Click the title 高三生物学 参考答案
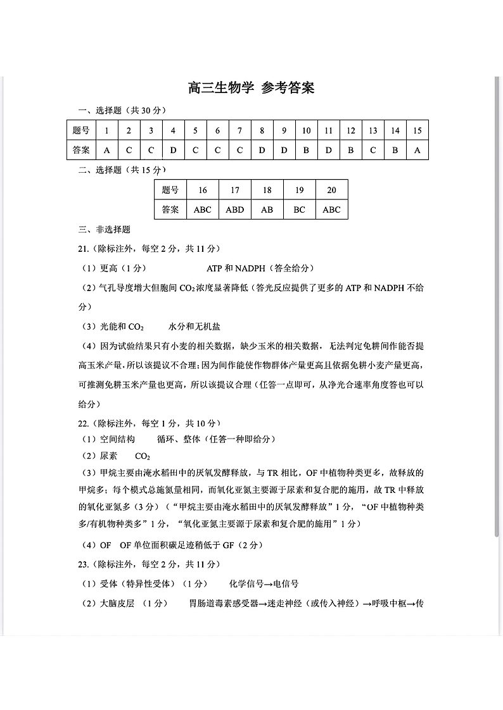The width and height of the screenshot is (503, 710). tap(251, 88)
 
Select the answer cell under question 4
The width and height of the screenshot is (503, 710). tap(173, 150)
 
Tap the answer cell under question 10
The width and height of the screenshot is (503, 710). tap(306, 150)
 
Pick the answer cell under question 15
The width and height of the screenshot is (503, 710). tap(417, 150)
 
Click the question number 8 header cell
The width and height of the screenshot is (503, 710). tap(262, 131)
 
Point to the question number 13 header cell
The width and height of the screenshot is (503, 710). tap(372, 131)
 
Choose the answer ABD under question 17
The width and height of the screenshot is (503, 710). tap(234, 209)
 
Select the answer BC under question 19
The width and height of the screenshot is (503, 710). tap(299, 209)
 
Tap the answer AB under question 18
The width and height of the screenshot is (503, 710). tap(267, 209)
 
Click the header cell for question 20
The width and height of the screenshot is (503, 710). tap(331, 190)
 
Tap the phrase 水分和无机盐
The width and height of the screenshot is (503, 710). tap(194, 327)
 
